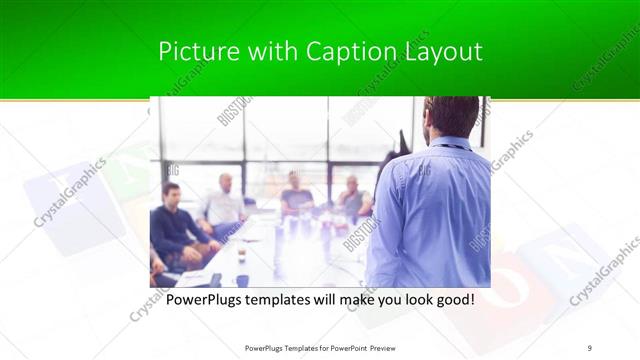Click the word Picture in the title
[193, 51]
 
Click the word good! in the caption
[452, 299]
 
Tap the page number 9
[589, 347]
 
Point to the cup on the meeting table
[242, 256]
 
